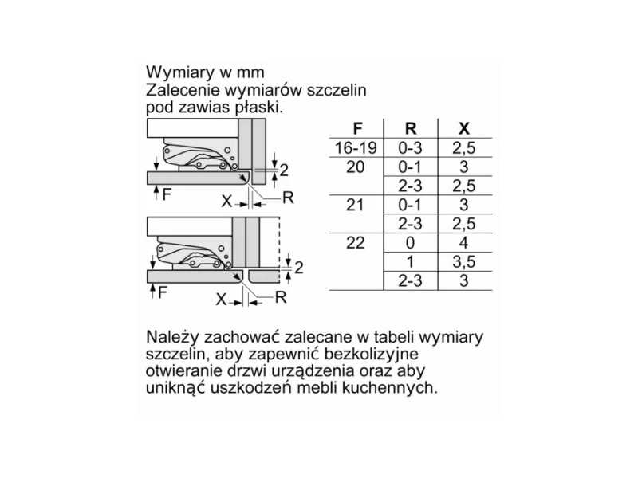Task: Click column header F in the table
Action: click(x=357, y=129)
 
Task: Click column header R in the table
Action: click(x=411, y=129)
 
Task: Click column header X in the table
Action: click(x=464, y=129)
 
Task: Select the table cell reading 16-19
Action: click(x=356, y=148)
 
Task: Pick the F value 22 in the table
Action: click(x=355, y=243)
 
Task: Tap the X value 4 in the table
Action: click(x=464, y=243)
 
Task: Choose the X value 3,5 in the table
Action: click(x=464, y=262)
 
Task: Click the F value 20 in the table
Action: click(x=355, y=167)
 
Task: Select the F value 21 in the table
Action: click(x=355, y=205)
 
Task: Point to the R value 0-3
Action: click(x=410, y=148)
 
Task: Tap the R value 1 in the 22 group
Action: click(x=410, y=262)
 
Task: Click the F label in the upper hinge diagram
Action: click(x=167, y=194)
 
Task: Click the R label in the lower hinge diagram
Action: click(x=281, y=297)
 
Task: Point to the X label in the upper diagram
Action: click(x=226, y=202)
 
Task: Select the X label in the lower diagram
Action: click(x=221, y=300)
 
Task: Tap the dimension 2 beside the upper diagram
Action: click(x=284, y=170)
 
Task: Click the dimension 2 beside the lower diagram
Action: click(x=298, y=268)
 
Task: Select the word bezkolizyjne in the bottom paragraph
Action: click(x=371, y=354)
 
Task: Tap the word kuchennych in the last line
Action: click(x=389, y=388)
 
